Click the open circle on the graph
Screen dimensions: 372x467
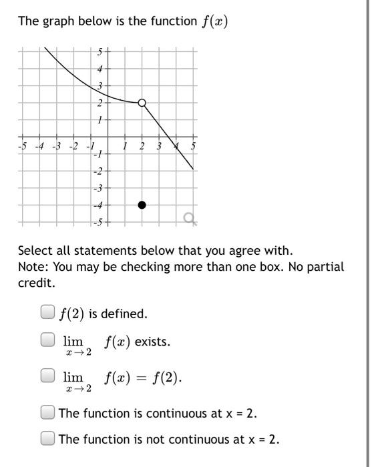[x=142, y=103]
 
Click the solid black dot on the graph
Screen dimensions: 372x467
[x=142, y=205]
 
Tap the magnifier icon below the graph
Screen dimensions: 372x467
[x=189, y=217]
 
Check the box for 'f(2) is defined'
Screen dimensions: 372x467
[x=47, y=312]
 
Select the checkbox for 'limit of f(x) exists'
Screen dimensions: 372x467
[x=47, y=340]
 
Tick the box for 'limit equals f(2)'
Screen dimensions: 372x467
[x=47, y=376]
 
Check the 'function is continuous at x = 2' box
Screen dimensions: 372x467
[x=47, y=412]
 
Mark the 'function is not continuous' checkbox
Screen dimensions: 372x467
[x=47, y=438]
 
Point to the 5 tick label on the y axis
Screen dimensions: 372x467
[x=100, y=51]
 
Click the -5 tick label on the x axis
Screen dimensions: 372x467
[x=23, y=146]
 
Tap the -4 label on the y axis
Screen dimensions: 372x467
[x=98, y=205]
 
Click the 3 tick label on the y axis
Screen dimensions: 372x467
[x=100, y=86]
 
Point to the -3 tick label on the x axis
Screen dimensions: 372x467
[x=57, y=146]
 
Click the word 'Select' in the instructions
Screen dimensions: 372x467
[x=34, y=251]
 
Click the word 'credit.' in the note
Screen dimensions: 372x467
[x=35, y=283]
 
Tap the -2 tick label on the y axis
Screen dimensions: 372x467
[x=98, y=171]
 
